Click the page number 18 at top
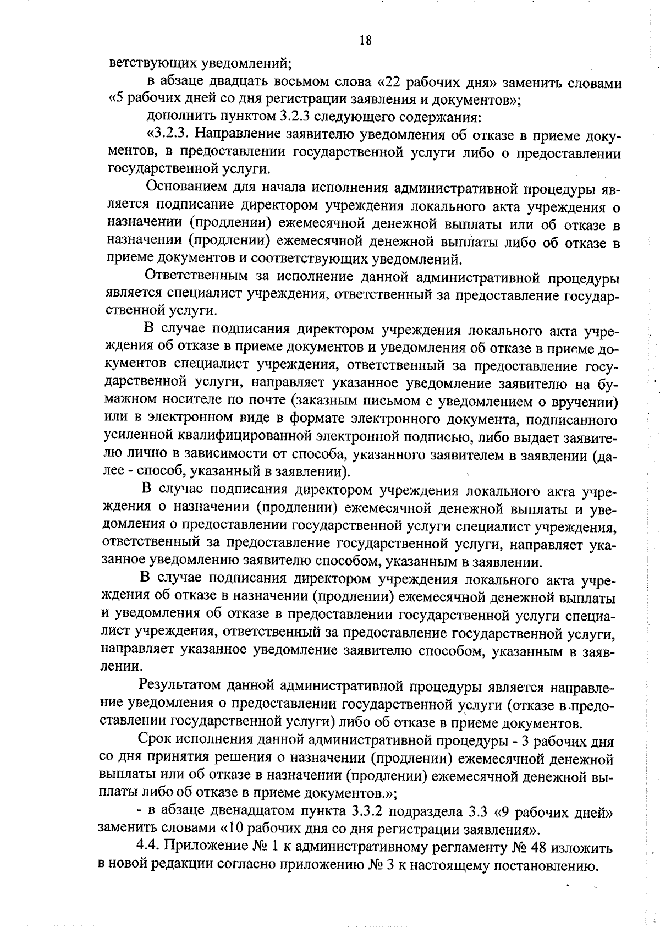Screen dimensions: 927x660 (366, 40)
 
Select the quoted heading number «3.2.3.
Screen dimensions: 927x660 (168, 135)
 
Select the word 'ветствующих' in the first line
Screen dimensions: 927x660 (147, 62)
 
